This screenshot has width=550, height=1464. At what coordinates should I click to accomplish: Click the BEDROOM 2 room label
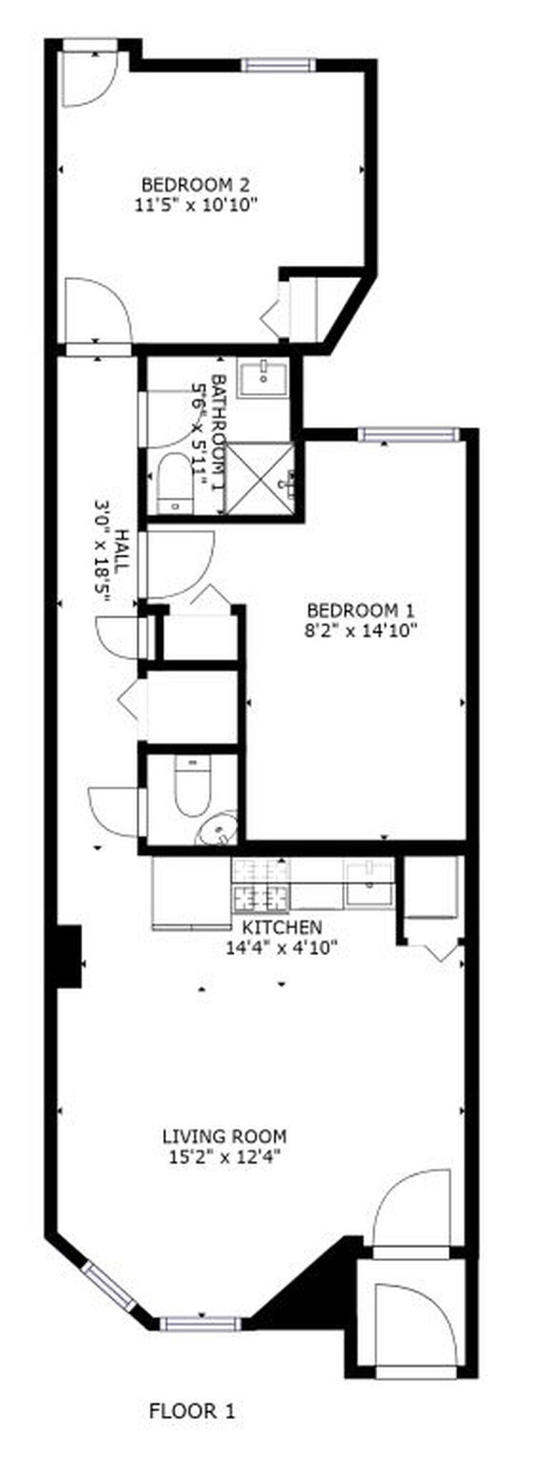point(195,183)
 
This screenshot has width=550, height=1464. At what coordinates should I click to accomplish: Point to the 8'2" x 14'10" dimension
point(360,630)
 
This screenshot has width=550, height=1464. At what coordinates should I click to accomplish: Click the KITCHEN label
point(282,927)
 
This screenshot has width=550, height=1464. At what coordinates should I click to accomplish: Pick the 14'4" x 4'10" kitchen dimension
point(282,948)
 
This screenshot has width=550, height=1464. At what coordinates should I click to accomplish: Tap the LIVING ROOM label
point(225,1135)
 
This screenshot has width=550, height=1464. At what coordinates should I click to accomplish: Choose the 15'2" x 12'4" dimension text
point(225,1157)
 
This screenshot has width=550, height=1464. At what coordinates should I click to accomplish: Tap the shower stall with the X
point(260,477)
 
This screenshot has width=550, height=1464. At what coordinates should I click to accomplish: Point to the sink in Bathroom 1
point(263,377)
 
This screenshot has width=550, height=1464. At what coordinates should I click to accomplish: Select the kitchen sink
point(369,884)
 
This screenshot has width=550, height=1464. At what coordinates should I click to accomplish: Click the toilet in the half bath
point(192,786)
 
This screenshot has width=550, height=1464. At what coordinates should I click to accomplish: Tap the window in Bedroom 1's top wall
point(407,433)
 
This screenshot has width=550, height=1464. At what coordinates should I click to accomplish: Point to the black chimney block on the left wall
point(69,956)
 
